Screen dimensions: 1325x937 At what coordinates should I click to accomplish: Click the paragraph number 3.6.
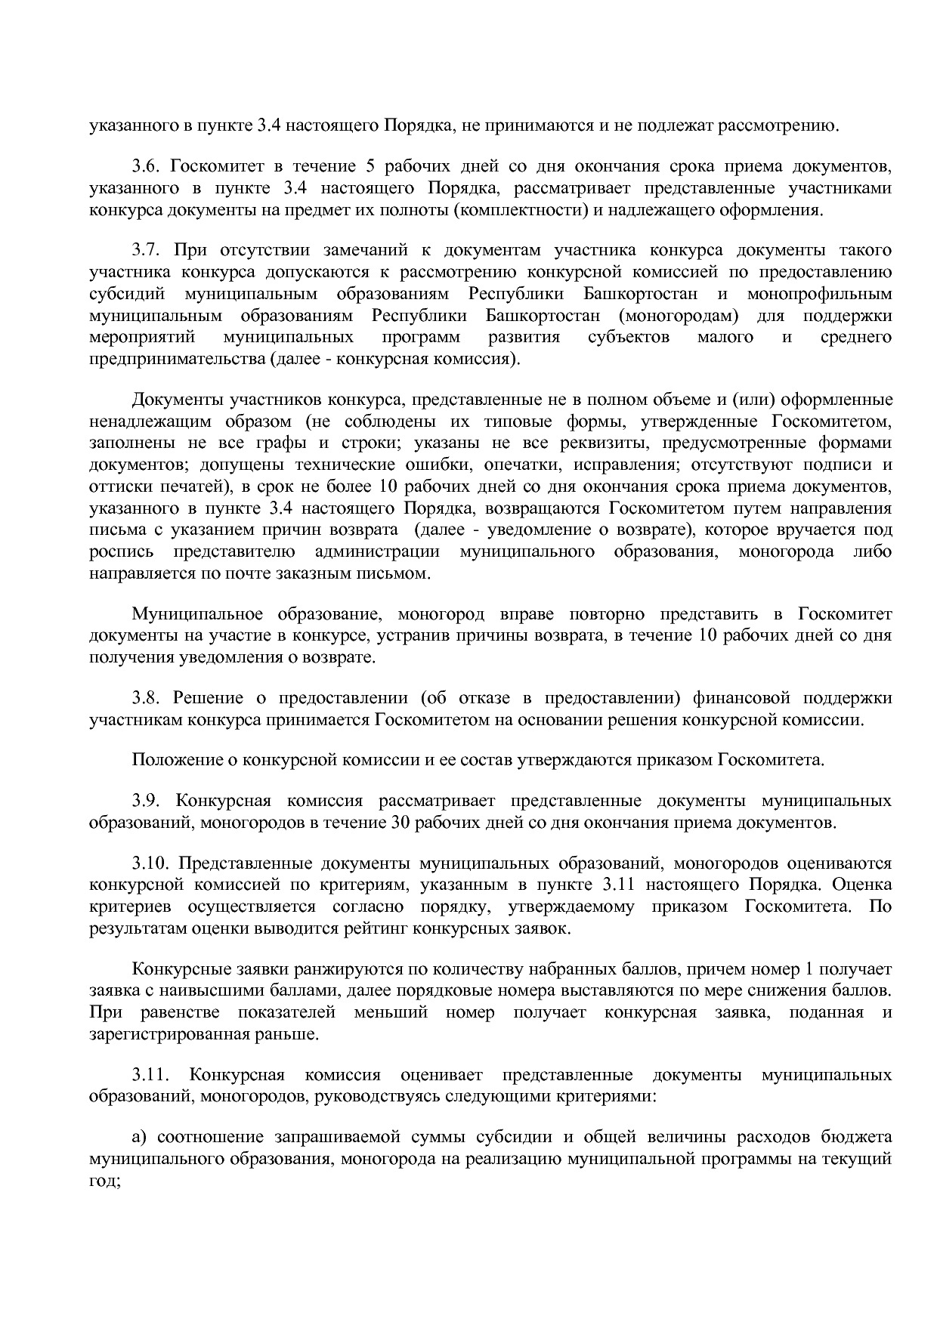pyautogui.click(x=144, y=166)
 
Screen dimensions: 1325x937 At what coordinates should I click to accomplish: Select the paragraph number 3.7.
pyautogui.click(x=144, y=250)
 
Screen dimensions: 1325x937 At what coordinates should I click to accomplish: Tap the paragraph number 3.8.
pyautogui.click(x=144, y=697)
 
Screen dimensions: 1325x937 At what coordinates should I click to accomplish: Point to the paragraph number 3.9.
pyautogui.click(x=144, y=800)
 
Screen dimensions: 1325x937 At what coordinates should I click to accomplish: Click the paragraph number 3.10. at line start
pyautogui.click(x=148, y=863)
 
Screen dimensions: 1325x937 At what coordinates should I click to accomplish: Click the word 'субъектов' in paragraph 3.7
pyautogui.click(x=628, y=337)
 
